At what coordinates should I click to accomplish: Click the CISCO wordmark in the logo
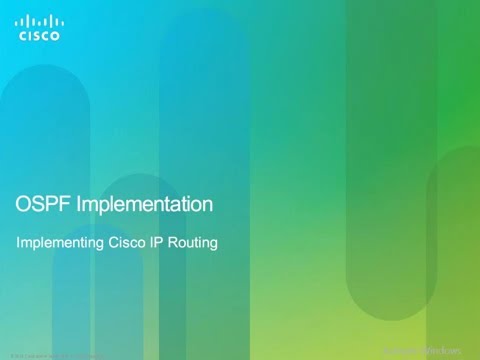tap(39, 35)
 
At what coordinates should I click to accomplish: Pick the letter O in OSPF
tap(25, 205)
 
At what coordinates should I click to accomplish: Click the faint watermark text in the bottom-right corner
tap(429, 351)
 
